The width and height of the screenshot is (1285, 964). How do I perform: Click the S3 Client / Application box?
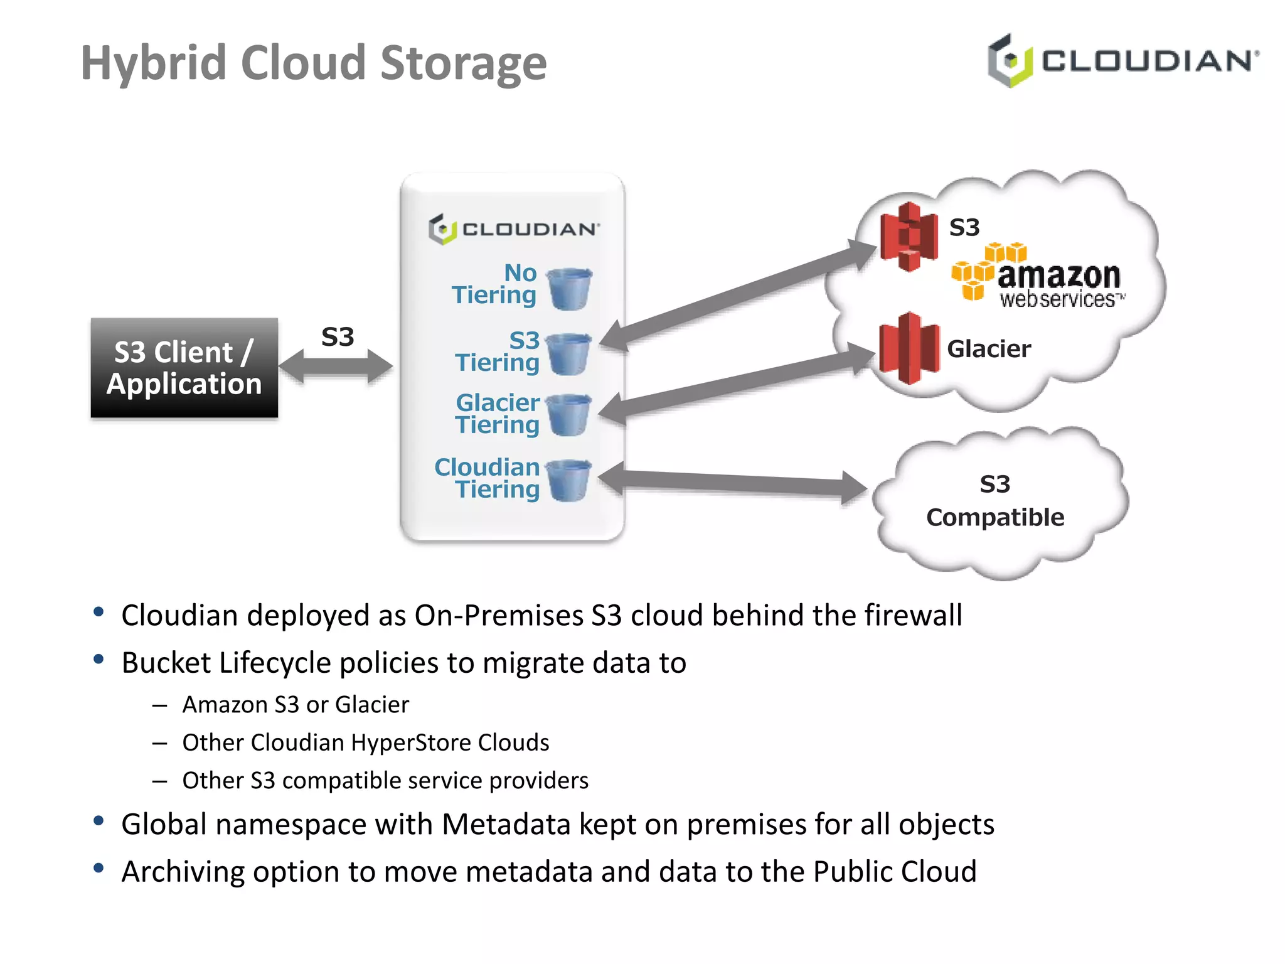tap(184, 368)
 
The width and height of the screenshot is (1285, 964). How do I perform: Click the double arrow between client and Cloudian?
tap(336, 366)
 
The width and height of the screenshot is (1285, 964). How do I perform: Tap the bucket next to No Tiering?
tap(570, 289)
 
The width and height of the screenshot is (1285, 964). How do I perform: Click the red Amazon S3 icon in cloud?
tap(909, 237)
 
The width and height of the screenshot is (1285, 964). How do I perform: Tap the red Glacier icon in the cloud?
tap(909, 348)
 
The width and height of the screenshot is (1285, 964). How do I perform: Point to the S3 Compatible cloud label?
tap(995, 501)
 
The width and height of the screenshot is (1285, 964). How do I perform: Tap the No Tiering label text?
tap(496, 284)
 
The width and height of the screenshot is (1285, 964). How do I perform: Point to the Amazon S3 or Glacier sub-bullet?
tap(296, 705)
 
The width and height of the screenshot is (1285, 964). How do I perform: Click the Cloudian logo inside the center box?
tap(514, 229)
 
